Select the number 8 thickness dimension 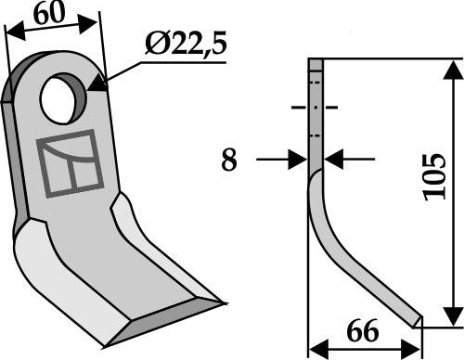click(229, 161)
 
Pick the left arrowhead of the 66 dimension click(316, 348)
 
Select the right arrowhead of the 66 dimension click(416, 348)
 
